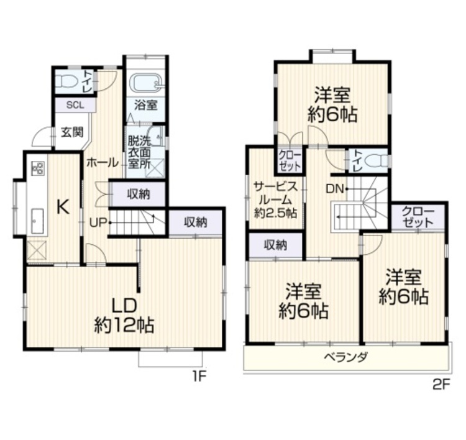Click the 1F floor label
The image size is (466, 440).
coord(199,377)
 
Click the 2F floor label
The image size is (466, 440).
coord(441,385)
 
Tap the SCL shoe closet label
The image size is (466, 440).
coord(75,105)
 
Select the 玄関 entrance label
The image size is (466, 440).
coord(72,132)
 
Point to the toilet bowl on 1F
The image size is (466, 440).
coord(66,81)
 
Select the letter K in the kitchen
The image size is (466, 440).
coord(63,206)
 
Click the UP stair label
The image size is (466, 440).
coord(98,222)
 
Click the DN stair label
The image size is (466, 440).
coord(336,189)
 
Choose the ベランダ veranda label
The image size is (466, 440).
coord(346,356)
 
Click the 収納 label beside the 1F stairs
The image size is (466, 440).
coord(139,194)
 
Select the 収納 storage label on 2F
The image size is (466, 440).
coord(275,245)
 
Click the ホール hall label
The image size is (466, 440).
coord(103,163)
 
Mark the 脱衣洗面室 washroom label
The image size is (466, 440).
coord(139,152)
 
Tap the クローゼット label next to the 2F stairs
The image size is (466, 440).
coord(418,218)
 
